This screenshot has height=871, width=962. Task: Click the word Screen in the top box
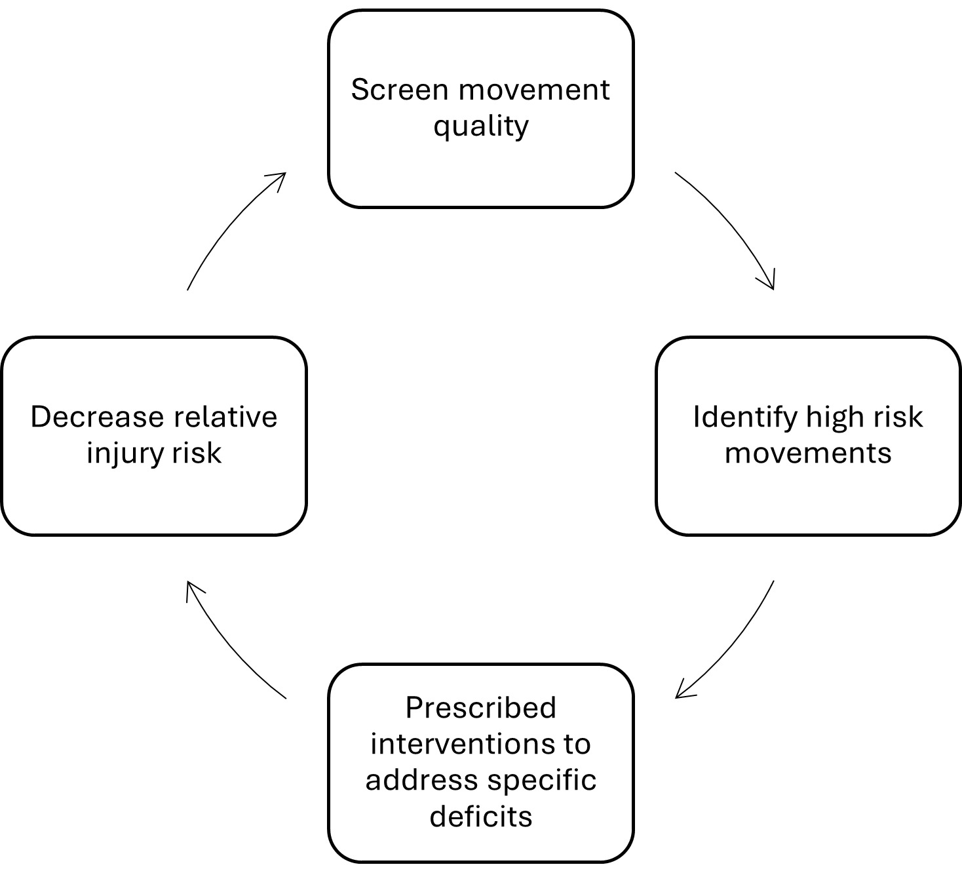(400, 90)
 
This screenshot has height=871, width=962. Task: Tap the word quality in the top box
(480, 126)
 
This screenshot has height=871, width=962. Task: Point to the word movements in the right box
(808, 453)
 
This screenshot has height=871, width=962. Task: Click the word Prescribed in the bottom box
(480, 708)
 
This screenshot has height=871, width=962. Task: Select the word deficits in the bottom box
(480, 817)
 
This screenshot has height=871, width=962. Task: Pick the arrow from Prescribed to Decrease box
(229, 646)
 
